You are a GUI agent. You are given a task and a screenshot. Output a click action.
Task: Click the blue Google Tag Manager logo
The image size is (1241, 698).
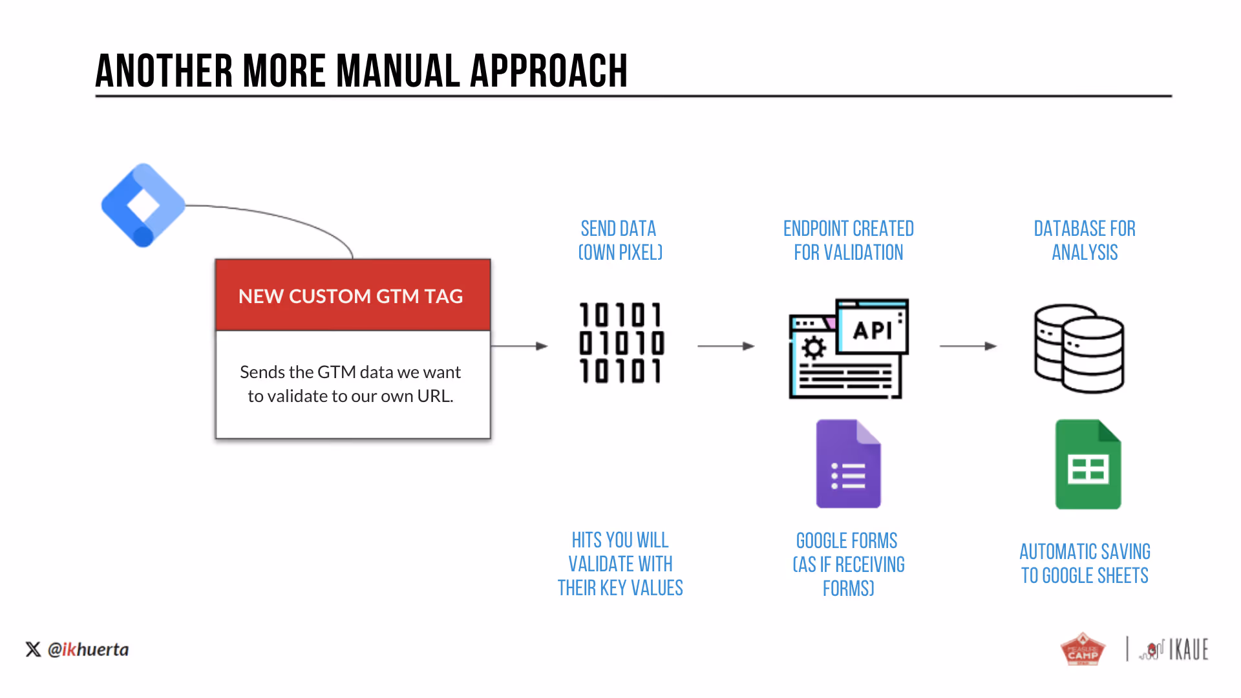143,205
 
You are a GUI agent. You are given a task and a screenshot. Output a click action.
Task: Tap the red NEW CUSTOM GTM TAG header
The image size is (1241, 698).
353,295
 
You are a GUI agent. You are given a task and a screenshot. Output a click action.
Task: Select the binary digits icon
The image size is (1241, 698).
621,343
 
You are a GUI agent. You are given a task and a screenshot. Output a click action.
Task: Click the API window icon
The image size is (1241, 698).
849,348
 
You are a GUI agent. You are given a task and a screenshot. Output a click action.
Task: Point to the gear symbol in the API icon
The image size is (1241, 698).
814,348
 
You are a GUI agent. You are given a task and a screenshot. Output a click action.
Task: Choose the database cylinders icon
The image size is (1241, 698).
1079,348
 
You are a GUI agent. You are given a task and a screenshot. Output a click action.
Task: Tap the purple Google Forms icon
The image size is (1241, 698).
849,464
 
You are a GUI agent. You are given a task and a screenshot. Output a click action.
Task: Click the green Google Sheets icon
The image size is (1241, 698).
1088,464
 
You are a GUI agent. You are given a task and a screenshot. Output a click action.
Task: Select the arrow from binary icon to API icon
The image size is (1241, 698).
726,346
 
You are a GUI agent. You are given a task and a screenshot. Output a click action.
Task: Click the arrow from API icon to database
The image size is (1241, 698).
968,346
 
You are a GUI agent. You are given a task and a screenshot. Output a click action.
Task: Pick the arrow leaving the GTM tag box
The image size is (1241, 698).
520,346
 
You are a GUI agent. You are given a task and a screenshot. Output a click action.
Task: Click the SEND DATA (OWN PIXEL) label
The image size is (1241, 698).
620,240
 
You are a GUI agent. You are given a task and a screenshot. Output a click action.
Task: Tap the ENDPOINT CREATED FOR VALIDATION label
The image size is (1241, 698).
849,240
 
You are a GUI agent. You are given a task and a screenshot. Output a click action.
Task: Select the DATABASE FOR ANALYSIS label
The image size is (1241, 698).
1085,240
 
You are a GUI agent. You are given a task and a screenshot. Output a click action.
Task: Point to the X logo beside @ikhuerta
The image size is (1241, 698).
33,650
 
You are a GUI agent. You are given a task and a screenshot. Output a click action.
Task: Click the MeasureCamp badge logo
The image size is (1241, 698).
1083,648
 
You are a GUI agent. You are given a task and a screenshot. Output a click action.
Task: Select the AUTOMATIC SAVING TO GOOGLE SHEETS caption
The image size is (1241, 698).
1085,564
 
